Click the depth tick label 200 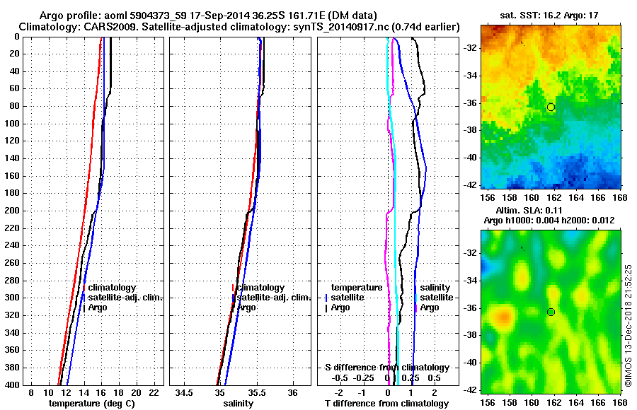click(x=13, y=211)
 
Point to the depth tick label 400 click(x=13, y=385)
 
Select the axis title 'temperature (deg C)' click(x=91, y=403)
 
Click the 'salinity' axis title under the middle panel click(x=238, y=403)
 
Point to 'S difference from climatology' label click(x=387, y=368)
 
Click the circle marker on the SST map click(x=551, y=107)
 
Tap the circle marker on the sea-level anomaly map click(x=551, y=312)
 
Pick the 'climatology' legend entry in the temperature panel click(x=113, y=288)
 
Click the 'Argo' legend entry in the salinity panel click(x=247, y=307)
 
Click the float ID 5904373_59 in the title click(x=143, y=16)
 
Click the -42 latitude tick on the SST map click(x=469, y=184)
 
